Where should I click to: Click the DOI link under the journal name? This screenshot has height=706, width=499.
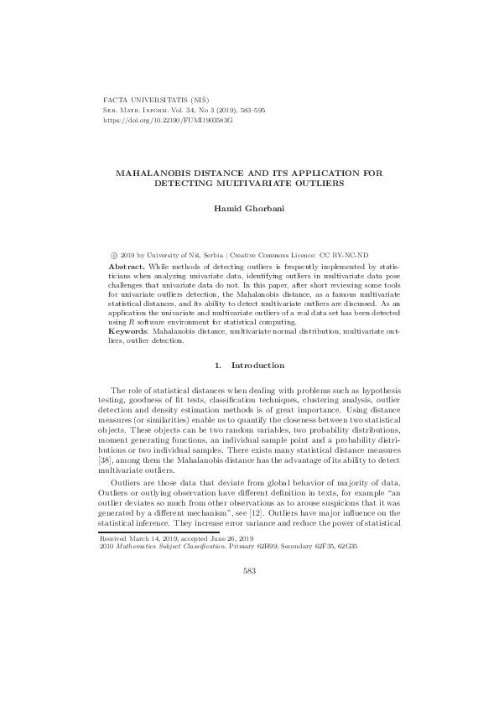166,120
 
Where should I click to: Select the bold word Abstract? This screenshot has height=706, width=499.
119,262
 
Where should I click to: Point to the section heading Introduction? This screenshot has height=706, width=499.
257,366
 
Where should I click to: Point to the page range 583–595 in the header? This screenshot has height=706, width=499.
250,110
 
